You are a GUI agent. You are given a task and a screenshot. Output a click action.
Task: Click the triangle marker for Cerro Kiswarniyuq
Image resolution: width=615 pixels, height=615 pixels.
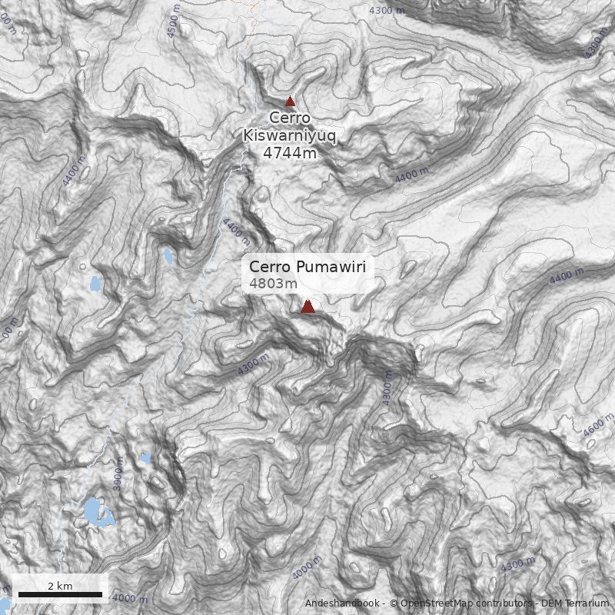click(x=290, y=101)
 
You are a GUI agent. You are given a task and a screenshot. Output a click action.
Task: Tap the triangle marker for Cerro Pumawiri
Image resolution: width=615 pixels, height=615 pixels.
click(x=307, y=307)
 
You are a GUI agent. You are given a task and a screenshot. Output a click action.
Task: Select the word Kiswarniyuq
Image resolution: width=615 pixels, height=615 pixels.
click(x=290, y=136)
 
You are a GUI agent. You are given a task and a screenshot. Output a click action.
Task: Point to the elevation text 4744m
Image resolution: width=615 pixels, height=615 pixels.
click(x=290, y=153)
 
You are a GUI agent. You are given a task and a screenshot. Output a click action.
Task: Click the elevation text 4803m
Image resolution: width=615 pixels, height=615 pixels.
click(x=273, y=284)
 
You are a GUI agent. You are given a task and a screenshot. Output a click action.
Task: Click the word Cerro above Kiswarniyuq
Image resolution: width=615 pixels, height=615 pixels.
click(x=290, y=118)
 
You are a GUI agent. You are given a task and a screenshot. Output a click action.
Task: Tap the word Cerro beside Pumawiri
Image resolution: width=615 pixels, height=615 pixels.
click(x=270, y=268)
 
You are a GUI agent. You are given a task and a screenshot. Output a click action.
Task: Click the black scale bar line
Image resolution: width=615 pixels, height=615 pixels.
click(x=60, y=594)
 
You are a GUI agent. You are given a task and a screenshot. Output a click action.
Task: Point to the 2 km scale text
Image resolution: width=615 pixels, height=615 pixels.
click(x=60, y=586)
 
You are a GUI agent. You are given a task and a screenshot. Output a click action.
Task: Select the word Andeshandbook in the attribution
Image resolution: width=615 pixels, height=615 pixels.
click(x=342, y=603)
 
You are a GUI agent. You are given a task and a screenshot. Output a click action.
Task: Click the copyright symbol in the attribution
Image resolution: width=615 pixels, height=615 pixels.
click(x=394, y=603)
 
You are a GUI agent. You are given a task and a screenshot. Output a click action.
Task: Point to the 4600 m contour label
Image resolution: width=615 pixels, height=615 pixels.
click(x=599, y=425)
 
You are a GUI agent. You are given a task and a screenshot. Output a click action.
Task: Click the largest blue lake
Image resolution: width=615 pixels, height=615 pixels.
click(x=97, y=512)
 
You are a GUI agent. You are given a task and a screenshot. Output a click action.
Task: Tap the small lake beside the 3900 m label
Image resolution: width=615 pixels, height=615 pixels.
click(x=145, y=459)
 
